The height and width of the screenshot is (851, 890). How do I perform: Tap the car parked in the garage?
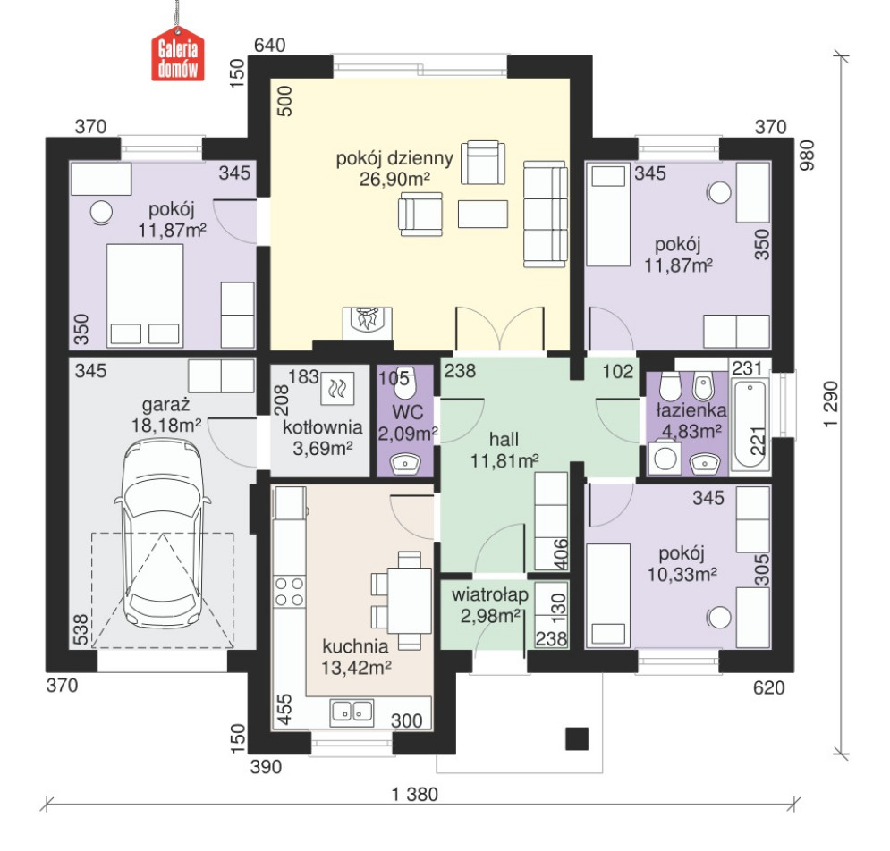click(162, 534)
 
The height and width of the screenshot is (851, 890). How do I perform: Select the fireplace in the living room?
click(368, 324)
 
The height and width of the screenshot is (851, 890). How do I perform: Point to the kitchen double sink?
click(352, 712)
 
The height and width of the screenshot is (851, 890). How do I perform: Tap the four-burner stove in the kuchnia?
click(288, 591)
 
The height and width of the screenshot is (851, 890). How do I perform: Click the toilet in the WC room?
click(405, 383)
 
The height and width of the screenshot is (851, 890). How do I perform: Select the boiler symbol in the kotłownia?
click(337, 389)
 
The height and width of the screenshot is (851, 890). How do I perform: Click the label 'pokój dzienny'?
click(394, 157)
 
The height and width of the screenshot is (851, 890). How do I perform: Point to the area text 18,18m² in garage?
click(166, 425)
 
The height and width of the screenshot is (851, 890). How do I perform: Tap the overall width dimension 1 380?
click(414, 795)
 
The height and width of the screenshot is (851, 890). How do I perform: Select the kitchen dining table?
click(410, 600)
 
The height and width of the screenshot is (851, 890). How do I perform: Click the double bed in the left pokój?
click(145, 295)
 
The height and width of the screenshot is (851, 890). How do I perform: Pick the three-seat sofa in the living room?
click(545, 214)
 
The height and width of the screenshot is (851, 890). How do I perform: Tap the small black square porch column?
click(577, 738)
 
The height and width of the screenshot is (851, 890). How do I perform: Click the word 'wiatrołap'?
click(490, 594)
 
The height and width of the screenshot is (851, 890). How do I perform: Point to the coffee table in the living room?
click(482, 214)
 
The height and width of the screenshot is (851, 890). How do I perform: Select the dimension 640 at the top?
click(269, 45)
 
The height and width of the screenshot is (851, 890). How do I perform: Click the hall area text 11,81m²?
click(504, 460)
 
